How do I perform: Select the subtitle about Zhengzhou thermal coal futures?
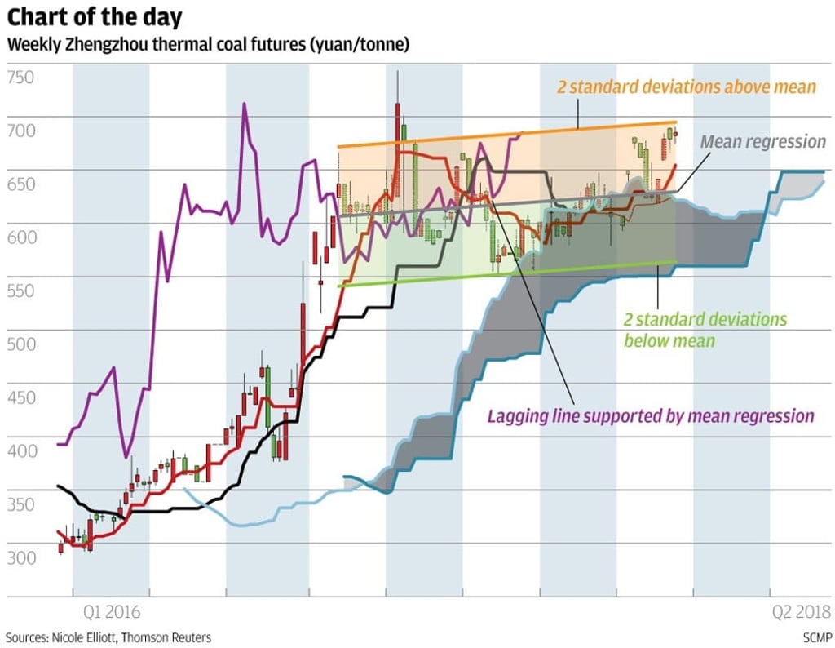coord(208,44)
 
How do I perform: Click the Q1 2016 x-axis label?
coord(111,610)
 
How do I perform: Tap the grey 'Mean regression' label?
coord(763,141)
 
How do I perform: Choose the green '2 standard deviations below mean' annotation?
coord(705,329)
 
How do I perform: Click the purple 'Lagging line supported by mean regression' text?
coord(651,415)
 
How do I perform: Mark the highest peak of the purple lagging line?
coord(244,104)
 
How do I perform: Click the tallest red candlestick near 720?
coord(397,122)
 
